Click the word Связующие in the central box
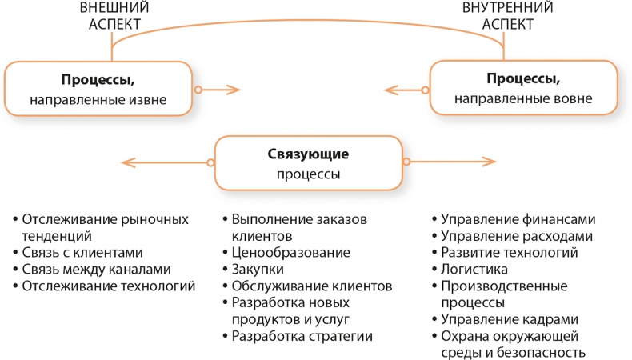tap(308, 154)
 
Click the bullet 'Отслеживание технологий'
tap(109, 286)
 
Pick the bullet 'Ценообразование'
tap(290, 253)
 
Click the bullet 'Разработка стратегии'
tap(302, 336)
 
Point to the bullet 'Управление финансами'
tap(518, 219)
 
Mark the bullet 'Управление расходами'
tap(517, 236)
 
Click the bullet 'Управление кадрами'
tap(511, 320)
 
